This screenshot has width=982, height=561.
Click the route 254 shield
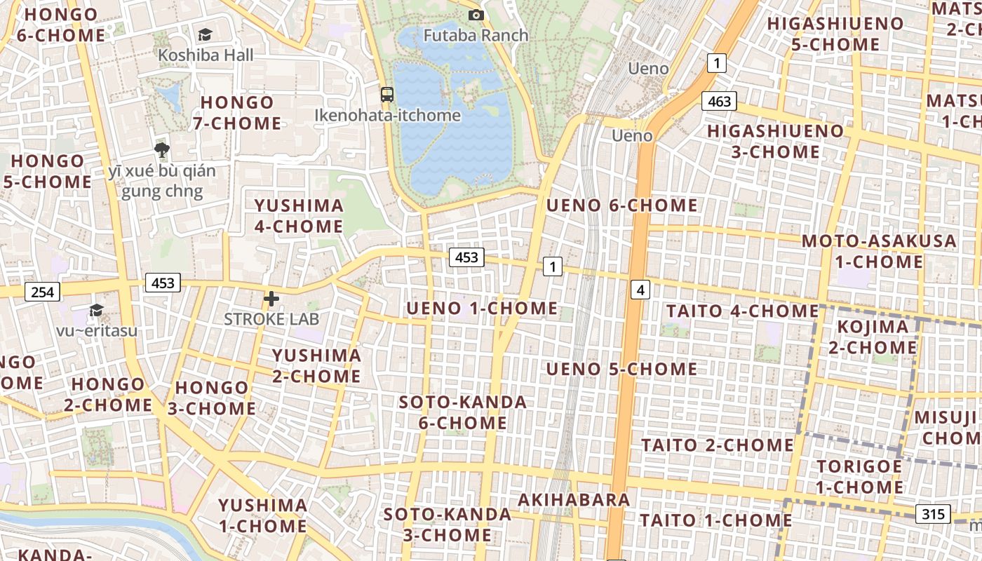pyautogui.click(x=42, y=292)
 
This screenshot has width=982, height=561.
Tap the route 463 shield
pyautogui.click(x=719, y=102)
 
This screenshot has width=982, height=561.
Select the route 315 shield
pyautogui.click(x=933, y=514)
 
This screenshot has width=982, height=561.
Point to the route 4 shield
pyautogui.click(x=640, y=289)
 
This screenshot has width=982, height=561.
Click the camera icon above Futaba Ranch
pyautogui.click(x=476, y=15)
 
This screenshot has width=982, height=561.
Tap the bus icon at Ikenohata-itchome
pyautogui.click(x=386, y=95)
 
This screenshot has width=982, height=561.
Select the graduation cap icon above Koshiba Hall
pyautogui.click(x=205, y=34)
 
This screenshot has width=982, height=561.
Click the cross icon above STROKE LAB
pyautogui.click(x=271, y=299)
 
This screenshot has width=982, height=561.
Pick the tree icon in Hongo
pyautogui.click(x=162, y=149)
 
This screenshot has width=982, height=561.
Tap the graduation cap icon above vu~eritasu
pyautogui.click(x=96, y=310)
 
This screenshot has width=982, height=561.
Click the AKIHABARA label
pyautogui.click(x=574, y=500)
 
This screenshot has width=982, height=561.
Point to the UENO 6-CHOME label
pyautogui.click(x=621, y=205)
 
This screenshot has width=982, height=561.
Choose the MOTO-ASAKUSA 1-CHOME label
pyautogui.click(x=879, y=252)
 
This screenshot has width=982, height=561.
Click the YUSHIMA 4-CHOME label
pyautogui.click(x=299, y=216)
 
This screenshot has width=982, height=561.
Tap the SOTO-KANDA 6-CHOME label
pyautogui.click(x=462, y=412)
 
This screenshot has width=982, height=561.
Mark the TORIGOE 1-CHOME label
pyautogui.click(x=859, y=477)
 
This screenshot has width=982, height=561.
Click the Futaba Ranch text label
pyautogui.click(x=476, y=35)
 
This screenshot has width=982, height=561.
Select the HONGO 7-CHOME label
pyautogui.click(x=237, y=113)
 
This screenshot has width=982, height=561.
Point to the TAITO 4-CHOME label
pyautogui.click(x=742, y=311)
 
